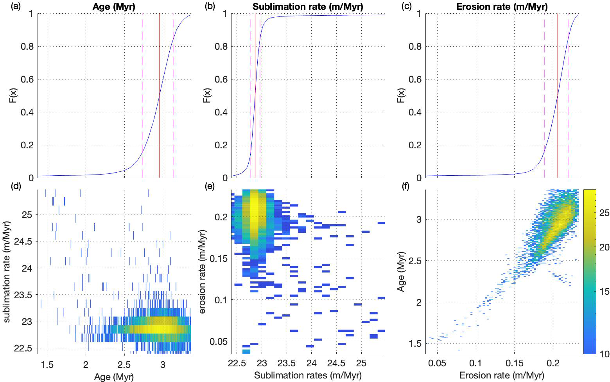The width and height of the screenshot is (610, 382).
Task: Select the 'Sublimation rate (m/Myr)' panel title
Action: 308,6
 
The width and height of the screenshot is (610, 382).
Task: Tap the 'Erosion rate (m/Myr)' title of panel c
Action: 502,6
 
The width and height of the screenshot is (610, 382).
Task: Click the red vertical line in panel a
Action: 160,98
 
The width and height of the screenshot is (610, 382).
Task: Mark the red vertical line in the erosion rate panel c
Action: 558,98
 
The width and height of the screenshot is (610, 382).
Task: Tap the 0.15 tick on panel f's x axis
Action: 515,364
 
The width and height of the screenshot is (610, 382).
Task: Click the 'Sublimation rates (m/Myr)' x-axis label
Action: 308,375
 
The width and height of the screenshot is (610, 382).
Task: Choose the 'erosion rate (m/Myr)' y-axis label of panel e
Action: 203,272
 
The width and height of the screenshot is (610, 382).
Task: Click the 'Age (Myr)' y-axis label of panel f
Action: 401,272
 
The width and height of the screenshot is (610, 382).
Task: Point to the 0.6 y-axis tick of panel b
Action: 221,79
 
